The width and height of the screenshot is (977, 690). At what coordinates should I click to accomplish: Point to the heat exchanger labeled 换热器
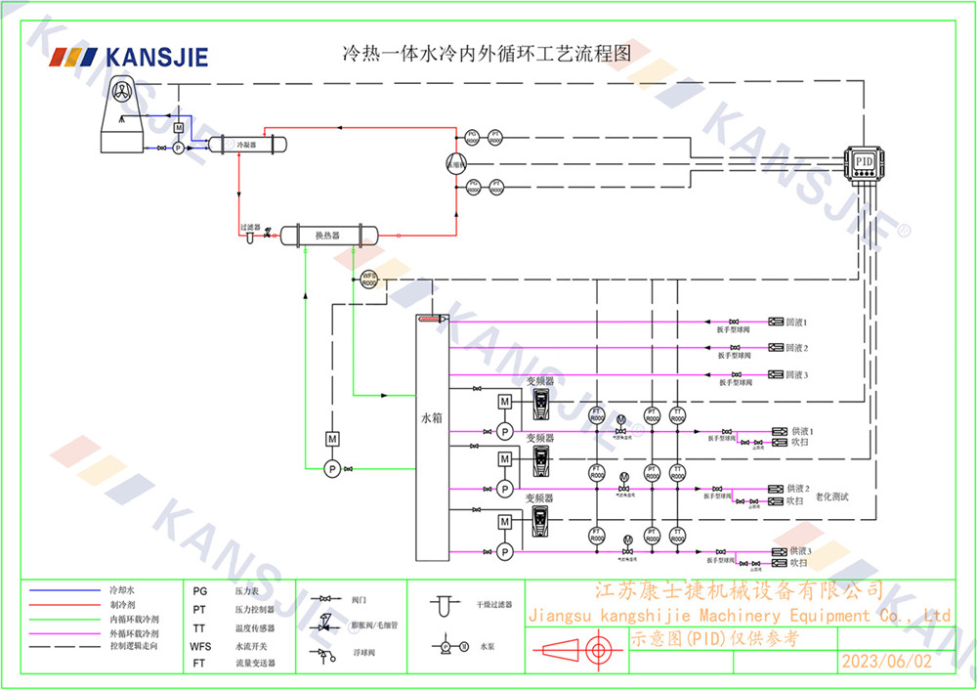[x=327, y=235]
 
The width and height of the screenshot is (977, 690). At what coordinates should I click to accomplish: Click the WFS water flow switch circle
[x=369, y=279]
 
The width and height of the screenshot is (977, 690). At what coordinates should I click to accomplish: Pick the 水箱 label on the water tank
[x=431, y=417]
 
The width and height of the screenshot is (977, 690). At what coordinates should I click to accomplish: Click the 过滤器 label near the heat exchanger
[x=250, y=227]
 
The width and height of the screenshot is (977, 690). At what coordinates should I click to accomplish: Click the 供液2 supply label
[x=800, y=488]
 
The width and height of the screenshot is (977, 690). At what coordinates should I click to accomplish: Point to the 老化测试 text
[x=831, y=497]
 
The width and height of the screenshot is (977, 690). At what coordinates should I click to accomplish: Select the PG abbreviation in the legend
[x=199, y=591]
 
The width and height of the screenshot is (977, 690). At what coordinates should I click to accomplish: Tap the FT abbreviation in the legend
[x=199, y=663]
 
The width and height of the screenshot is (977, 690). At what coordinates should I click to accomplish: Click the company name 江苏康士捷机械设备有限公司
[x=740, y=590]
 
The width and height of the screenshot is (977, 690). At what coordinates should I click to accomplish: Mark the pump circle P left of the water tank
[x=332, y=469]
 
